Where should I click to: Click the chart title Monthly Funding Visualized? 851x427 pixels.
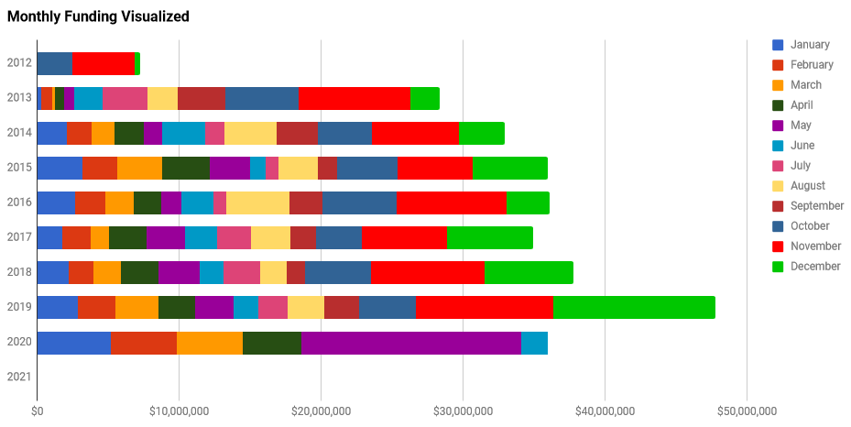click(x=99, y=16)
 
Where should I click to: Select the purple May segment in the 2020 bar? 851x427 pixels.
click(x=411, y=343)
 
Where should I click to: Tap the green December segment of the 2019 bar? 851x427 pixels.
click(x=634, y=308)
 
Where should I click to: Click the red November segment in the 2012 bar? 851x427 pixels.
click(x=104, y=64)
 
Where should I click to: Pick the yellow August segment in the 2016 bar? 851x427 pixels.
click(x=257, y=203)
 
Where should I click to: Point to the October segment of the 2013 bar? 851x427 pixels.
click(x=261, y=99)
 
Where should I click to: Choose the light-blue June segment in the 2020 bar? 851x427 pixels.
click(x=534, y=343)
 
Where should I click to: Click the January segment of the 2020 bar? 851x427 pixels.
click(x=74, y=343)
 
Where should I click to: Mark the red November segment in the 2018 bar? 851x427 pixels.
click(x=428, y=273)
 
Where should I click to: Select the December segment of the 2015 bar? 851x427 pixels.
click(x=509, y=169)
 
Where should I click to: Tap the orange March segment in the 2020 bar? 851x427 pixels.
click(x=210, y=343)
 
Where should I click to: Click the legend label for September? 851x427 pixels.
click(x=817, y=206)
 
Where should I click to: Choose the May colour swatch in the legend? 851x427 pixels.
click(x=778, y=126)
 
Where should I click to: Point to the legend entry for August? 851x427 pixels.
click(x=807, y=186)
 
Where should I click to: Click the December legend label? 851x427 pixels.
click(x=814, y=267)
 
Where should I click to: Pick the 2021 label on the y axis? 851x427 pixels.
click(x=19, y=377)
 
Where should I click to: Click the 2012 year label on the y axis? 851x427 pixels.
click(x=19, y=63)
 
